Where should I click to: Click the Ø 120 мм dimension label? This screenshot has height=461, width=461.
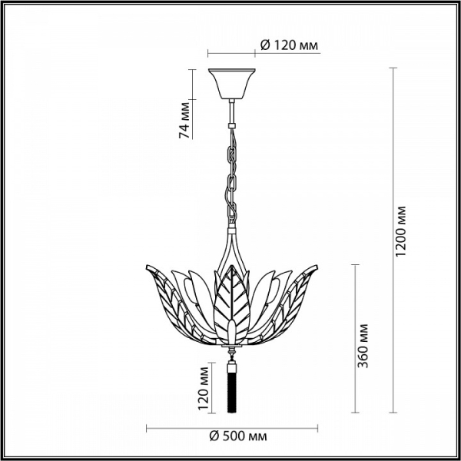[x=289, y=45]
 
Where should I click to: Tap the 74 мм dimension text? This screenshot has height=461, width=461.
[x=184, y=120]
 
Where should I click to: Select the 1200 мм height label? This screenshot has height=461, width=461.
[x=400, y=231]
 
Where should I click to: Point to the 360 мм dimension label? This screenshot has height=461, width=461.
[x=363, y=346]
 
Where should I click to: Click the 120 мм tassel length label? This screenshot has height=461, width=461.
[x=203, y=388]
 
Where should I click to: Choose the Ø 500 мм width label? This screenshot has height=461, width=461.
[x=238, y=436]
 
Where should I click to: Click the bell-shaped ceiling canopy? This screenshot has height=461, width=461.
[x=232, y=84]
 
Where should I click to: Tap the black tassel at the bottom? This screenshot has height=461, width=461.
[x=232, y=388]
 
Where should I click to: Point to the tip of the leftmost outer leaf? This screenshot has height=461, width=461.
[x=147, y=266]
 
